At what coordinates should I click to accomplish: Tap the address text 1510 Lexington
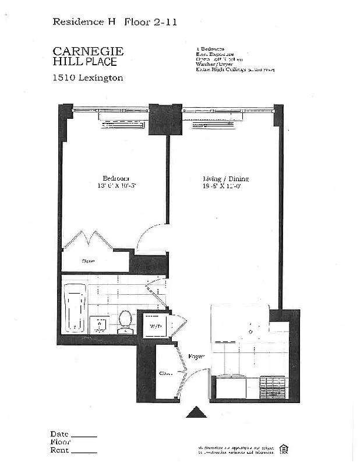click(x=87, y=78)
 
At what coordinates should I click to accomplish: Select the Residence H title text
click(x=84, y=22)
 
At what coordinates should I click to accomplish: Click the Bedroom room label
click(x=116, y=178)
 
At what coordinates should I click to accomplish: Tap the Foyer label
click(x=196, y=356)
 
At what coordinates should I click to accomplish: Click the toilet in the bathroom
click(x=125, y=322)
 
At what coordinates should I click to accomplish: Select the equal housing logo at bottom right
click(x=284, y=448)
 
